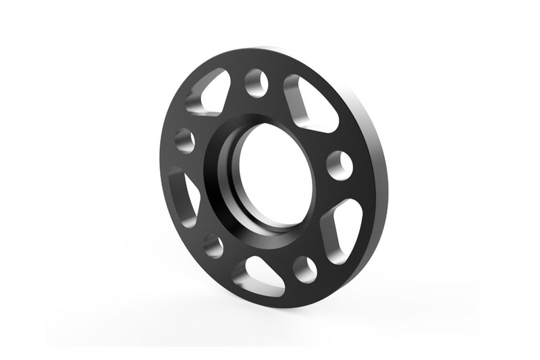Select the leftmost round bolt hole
click(x=184, y=140)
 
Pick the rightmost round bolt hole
click(x=339, y=165)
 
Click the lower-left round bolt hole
click(x=213, y=245)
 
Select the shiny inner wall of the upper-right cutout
click(x=297, y=101)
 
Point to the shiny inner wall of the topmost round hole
click(x=251, y=84)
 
